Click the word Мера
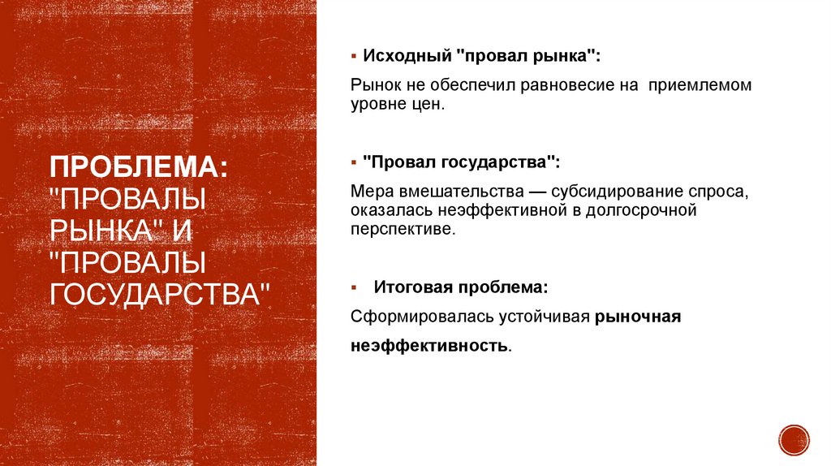pyautogui.click(x=372, y=190)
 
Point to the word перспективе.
pyautogui.click(x=404, y=230)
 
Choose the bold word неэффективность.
pyautogui.click(x=430, y=346)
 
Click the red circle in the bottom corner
pyautogui.click(x=794, y=439)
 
